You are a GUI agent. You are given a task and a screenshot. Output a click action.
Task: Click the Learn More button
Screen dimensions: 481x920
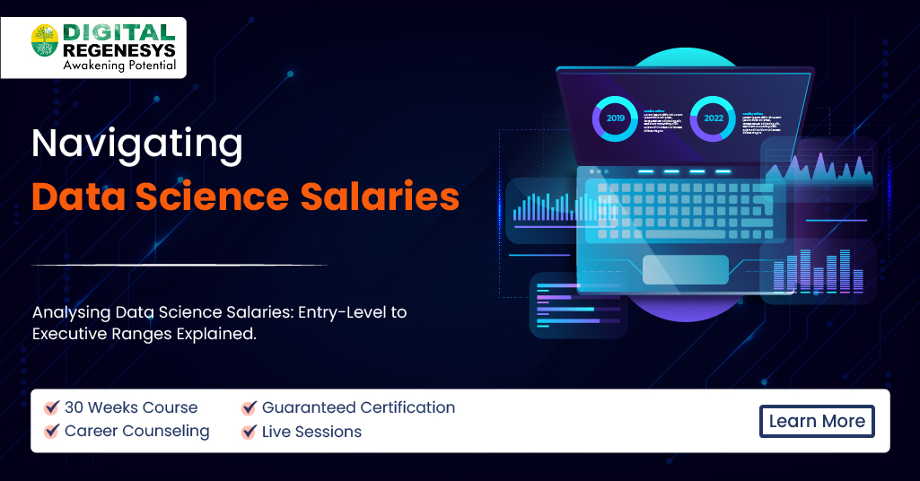tap(817, 421)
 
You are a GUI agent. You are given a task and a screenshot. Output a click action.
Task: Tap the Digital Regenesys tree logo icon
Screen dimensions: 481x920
tap(44, 39)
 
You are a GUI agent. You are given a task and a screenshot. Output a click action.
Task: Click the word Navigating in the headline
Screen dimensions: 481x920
tap(137, 144)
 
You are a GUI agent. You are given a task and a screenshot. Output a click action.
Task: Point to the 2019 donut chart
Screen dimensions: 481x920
tap(615, 118)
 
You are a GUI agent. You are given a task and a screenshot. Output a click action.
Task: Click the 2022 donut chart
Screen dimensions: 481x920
tap(714, 118)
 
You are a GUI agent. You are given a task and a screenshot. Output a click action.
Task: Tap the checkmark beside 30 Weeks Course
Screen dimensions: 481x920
tap(52, 407)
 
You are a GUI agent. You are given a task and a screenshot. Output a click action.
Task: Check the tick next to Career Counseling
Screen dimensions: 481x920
tap(52, 432)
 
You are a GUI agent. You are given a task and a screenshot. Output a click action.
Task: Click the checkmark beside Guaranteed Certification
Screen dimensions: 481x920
tap(250, 407)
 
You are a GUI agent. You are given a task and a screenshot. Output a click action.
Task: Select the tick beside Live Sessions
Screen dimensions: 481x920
tap(250, 432)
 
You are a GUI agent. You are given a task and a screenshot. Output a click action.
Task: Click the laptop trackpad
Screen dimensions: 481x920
tap(686, 268)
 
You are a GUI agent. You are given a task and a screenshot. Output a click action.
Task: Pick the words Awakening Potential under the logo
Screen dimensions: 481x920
tap(119, 66)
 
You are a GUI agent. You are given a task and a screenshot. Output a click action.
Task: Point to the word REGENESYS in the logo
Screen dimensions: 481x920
tap(119, 49)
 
